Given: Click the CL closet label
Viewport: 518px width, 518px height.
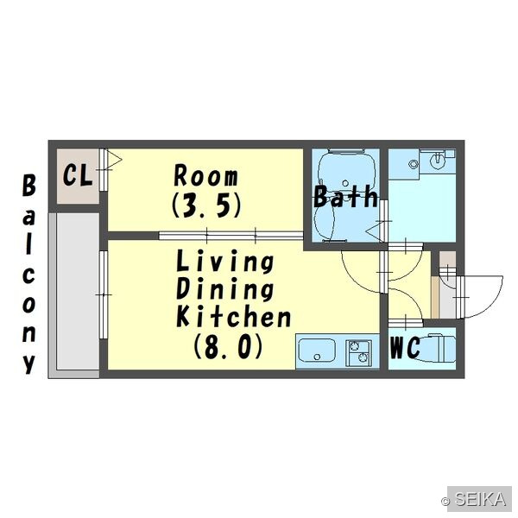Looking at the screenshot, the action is pyautogui.click(x=78, y=175).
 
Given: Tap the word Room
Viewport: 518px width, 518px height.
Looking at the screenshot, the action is pyautogui.click(x=205, y=176).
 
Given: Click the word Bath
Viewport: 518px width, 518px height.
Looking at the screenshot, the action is pyautogui.click(x=345, y=197).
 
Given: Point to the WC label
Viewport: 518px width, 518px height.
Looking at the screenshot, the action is pyautogui.click(x=405, y=348).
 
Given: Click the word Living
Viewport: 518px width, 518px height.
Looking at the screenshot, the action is pyautogui.click(x=225, y=262).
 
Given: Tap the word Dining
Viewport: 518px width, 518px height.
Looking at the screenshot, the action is pyautogui.click(x=225, y=289).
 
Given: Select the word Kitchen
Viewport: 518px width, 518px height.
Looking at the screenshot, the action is pyautogui.click(x=234, y=317).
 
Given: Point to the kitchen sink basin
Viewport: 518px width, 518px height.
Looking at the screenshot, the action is pyautogui.click(x=317, y=351).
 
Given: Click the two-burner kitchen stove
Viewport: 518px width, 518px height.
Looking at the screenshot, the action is pyautogui.click(x=358, y=353).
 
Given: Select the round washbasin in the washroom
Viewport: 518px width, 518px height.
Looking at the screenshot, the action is pyautogui.click(x=438, y=161).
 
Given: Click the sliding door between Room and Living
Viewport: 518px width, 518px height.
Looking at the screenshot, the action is pyautogui.click(x=231, y=236).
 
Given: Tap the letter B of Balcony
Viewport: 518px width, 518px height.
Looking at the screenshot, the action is pyautogui.click(x=29, y=186).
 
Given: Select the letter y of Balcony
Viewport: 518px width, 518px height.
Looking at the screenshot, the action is pyautogui.click(x=29, y=363).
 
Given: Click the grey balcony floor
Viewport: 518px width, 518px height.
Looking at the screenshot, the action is pyautogui.click(x=78, y=291).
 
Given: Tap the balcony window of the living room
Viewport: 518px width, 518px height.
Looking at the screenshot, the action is pyautogui.click(x=104, y=294).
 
